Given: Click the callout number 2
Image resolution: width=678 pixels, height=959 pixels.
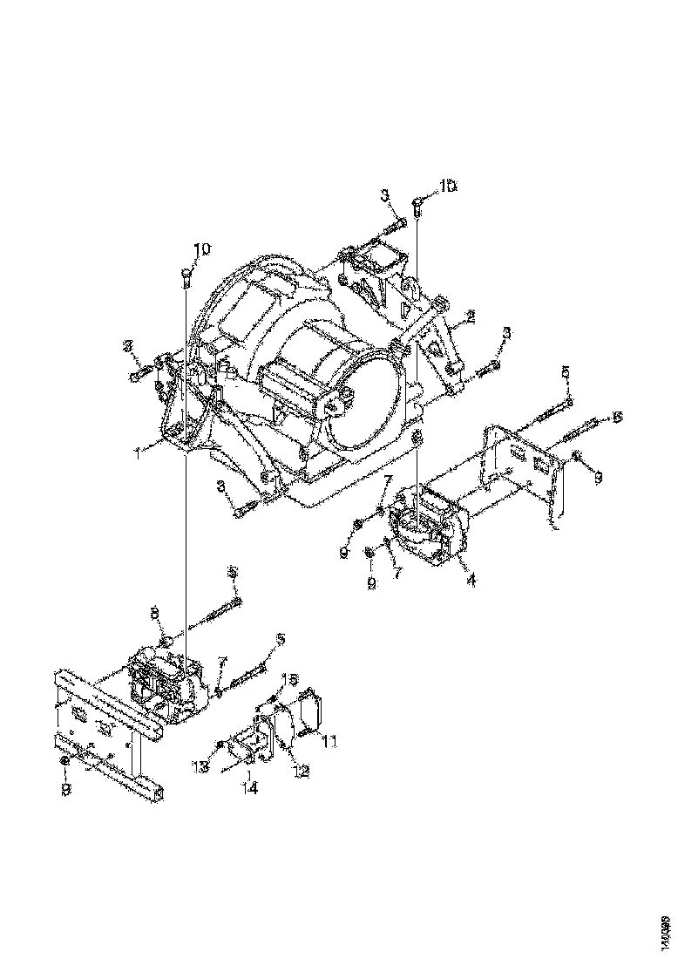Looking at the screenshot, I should [x=470, y=318].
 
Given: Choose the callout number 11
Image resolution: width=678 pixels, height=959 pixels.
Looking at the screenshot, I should [x=330, y=741].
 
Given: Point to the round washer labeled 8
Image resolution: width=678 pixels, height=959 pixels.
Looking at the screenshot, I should [x=167, y=643].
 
